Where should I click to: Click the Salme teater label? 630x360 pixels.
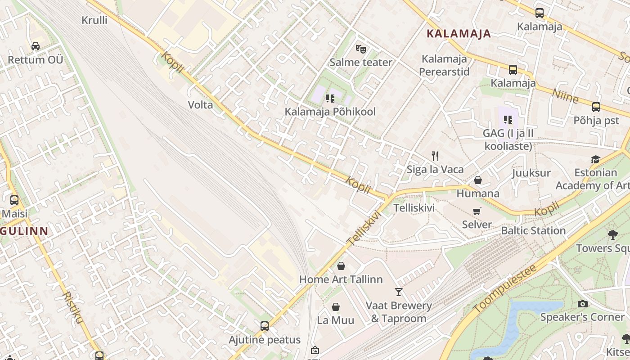(x=361, y=62)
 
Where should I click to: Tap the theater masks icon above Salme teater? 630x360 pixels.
(x=360, y=49)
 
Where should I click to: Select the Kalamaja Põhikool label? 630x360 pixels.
(x=330, y=112)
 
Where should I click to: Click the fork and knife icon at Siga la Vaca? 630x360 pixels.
(x=435, y=156)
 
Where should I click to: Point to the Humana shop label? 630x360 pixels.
(x=478, y=193)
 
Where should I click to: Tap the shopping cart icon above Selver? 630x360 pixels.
(x=477, y=211)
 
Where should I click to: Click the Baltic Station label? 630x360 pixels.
(x=533, y=230)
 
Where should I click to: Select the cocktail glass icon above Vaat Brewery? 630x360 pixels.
(x=399, y=292)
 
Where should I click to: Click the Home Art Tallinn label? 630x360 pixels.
(x=341, y=279)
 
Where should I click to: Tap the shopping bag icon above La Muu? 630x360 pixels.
(x=336, y=307)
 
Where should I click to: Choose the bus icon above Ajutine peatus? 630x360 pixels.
(x=265, y=326)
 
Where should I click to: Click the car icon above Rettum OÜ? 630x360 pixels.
(x=36, y=46)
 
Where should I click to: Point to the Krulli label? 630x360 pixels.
(x=94, y=20)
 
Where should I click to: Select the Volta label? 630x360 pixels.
(x=200, y=105)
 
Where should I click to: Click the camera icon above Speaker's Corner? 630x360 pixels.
(x=582, y=304)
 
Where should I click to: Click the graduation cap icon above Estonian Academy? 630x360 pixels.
(x=595, y=160)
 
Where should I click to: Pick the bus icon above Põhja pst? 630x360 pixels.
(x=596, y=107)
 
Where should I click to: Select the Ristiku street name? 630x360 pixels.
(x=73, y=307)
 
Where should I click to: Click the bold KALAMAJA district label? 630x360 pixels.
(x=459, y=34)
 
